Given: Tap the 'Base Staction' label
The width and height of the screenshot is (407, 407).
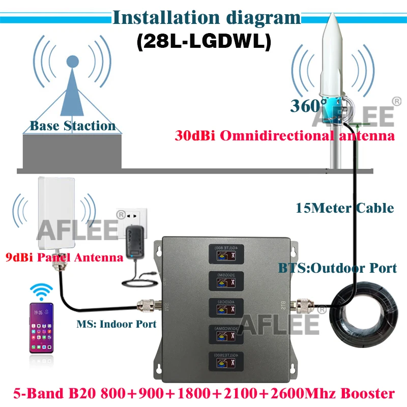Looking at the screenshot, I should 72,126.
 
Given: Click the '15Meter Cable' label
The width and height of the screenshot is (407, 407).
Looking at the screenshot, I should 344,208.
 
